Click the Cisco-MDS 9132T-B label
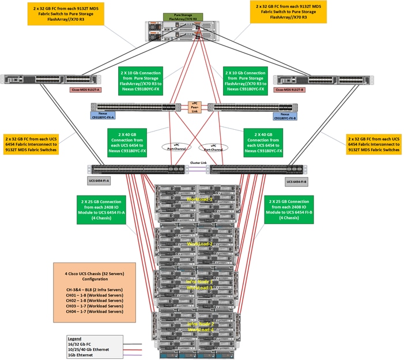[x=289, y=89]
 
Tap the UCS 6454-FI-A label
[x=99, y=181]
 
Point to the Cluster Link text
[x=199, y=163]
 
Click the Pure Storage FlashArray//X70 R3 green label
[x=183, y=17]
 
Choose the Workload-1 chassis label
[x=199, y=199]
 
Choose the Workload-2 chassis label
[x=199, y=244]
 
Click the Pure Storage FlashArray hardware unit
[x=183, y=34]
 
